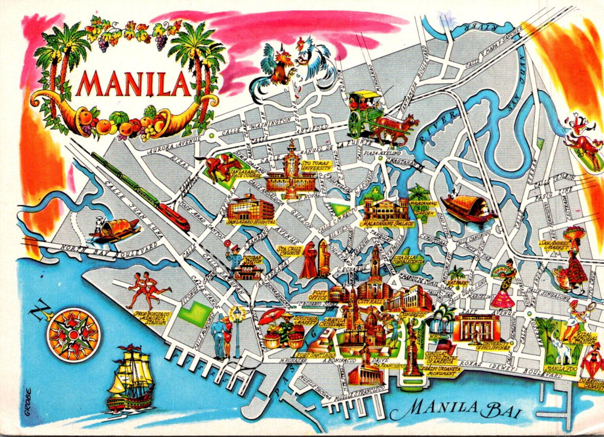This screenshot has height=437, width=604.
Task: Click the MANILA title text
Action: coord(134,84)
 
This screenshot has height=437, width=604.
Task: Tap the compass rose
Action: coord(73,335)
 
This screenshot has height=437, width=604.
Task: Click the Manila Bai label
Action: coord(463,408)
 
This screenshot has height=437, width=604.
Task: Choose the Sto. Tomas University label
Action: coord(316,165)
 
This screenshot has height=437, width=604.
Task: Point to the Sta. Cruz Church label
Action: coord(290,251)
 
